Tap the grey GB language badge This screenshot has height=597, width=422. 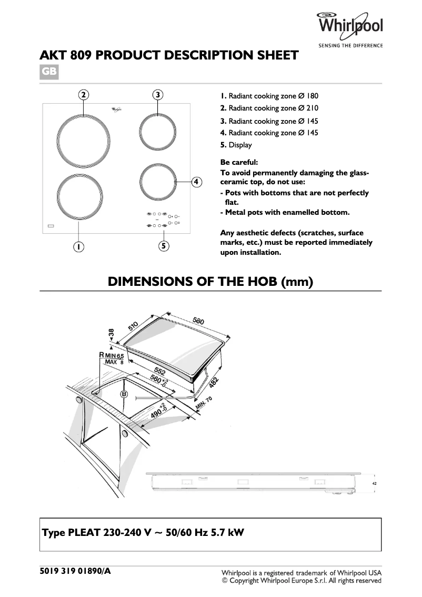[x=49, y=72]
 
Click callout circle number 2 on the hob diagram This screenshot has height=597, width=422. [x=83, y=95]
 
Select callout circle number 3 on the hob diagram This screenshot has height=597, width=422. [x=158, y=95]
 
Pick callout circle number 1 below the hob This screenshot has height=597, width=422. [x=78, y=246]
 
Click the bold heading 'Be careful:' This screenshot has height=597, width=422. [x=239, y=162]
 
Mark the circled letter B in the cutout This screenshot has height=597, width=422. [x=125, y=394]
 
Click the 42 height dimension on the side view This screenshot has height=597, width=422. [x=374, y=483]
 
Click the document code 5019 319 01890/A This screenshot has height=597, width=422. [x=75, y=571]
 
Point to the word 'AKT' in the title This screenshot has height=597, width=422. [x=55, y=55]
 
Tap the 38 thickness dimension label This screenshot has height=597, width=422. [x=111, y=334]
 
